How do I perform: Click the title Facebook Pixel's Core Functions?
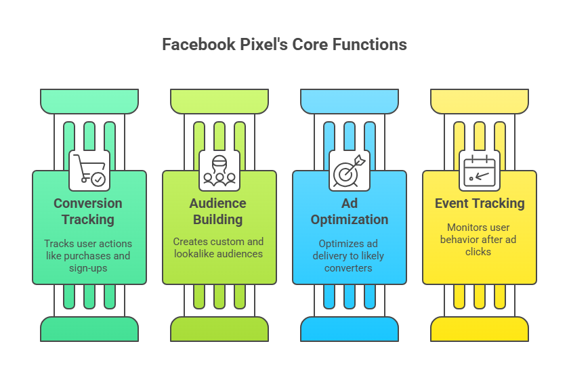284,45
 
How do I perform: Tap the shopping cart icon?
89,169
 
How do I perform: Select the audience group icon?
219,169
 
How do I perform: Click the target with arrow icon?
350,169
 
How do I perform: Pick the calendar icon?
479,169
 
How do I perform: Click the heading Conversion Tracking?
88,211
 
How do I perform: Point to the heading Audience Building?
218,211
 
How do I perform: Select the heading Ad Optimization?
350,211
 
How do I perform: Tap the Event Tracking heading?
480,203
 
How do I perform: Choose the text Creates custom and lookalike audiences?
218,247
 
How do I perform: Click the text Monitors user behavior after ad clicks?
478,239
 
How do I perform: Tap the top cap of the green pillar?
89,102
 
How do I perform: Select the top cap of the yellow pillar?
480,102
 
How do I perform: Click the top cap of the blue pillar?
350,102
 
